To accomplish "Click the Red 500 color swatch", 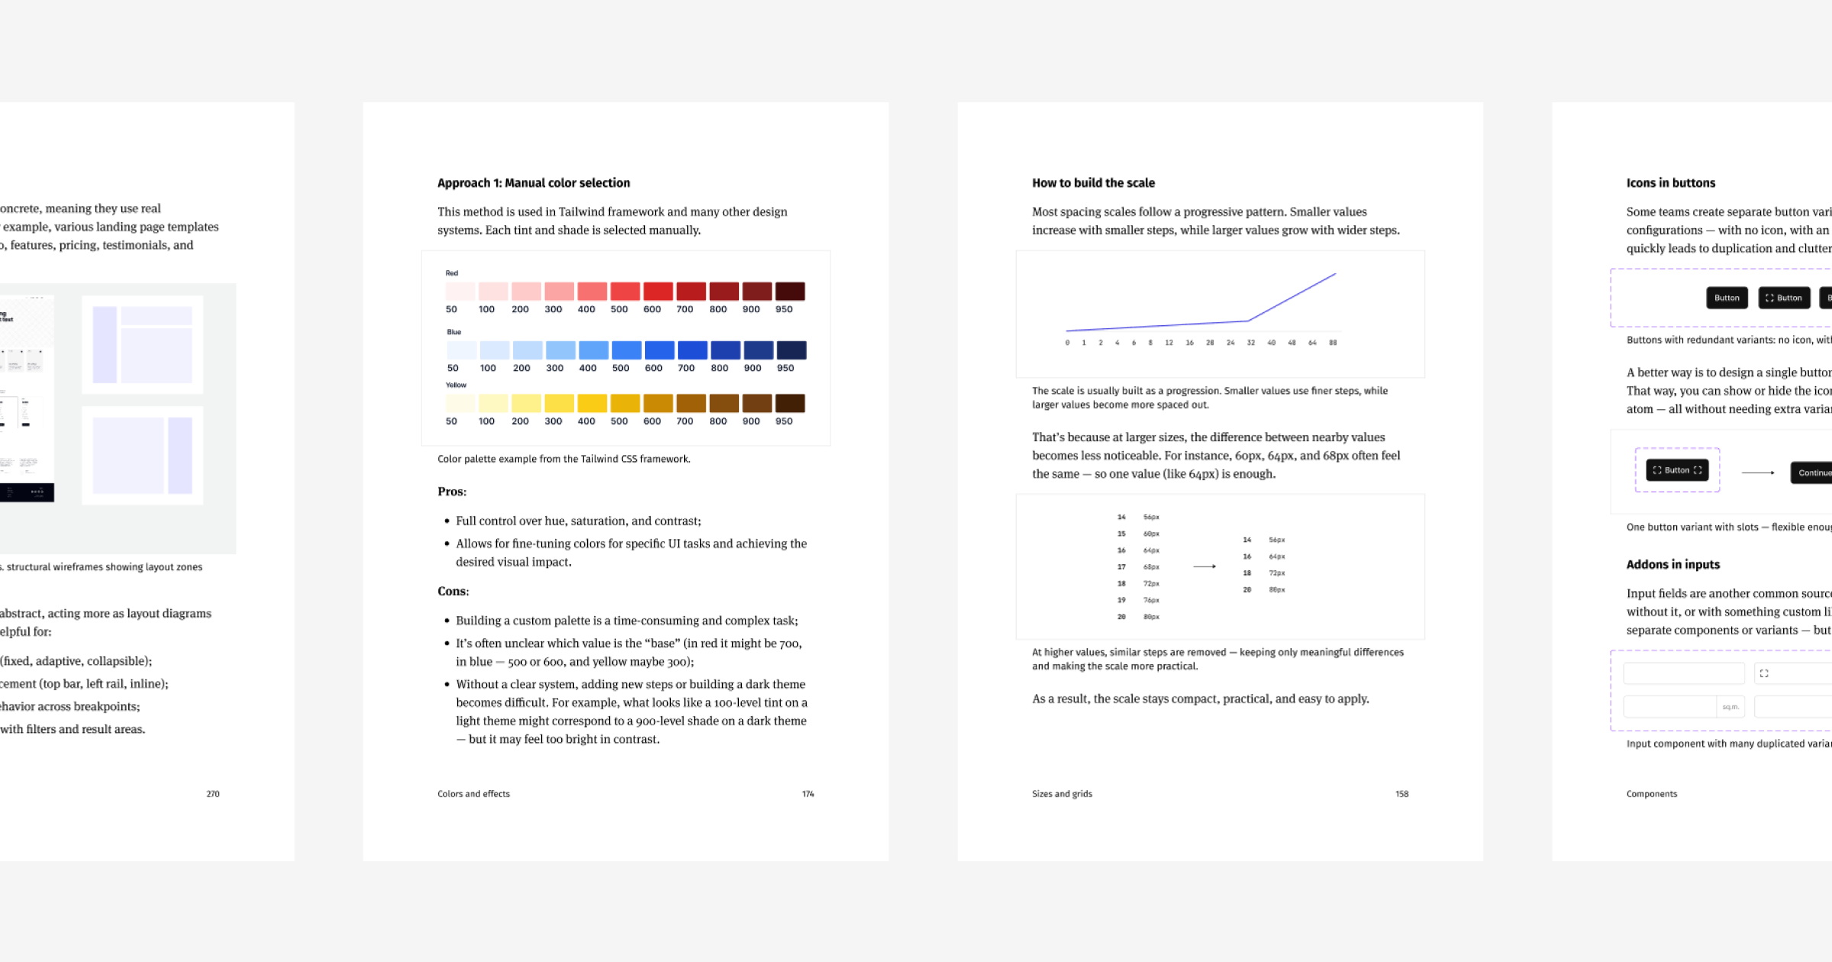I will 624,292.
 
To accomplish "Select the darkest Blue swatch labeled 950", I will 791,350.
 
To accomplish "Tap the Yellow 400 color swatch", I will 592,403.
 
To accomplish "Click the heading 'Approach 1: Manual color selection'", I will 534,183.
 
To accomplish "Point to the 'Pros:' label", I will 452,492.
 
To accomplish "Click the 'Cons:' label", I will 453,592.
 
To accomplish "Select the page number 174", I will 808,794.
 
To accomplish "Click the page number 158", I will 1401,794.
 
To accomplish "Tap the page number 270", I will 213,794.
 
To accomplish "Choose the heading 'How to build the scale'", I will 1093,183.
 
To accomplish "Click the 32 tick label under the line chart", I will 1251,343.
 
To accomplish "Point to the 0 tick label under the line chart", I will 1067,343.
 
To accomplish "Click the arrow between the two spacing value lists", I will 1205,567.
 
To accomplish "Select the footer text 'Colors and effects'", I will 473,794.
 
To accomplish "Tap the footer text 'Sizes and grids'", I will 1062,794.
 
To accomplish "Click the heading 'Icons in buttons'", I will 1670,183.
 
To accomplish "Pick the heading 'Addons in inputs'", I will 1672,565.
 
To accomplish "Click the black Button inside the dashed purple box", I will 1677,470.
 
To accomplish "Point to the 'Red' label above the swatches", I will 452,273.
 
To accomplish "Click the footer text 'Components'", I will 1651,794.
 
